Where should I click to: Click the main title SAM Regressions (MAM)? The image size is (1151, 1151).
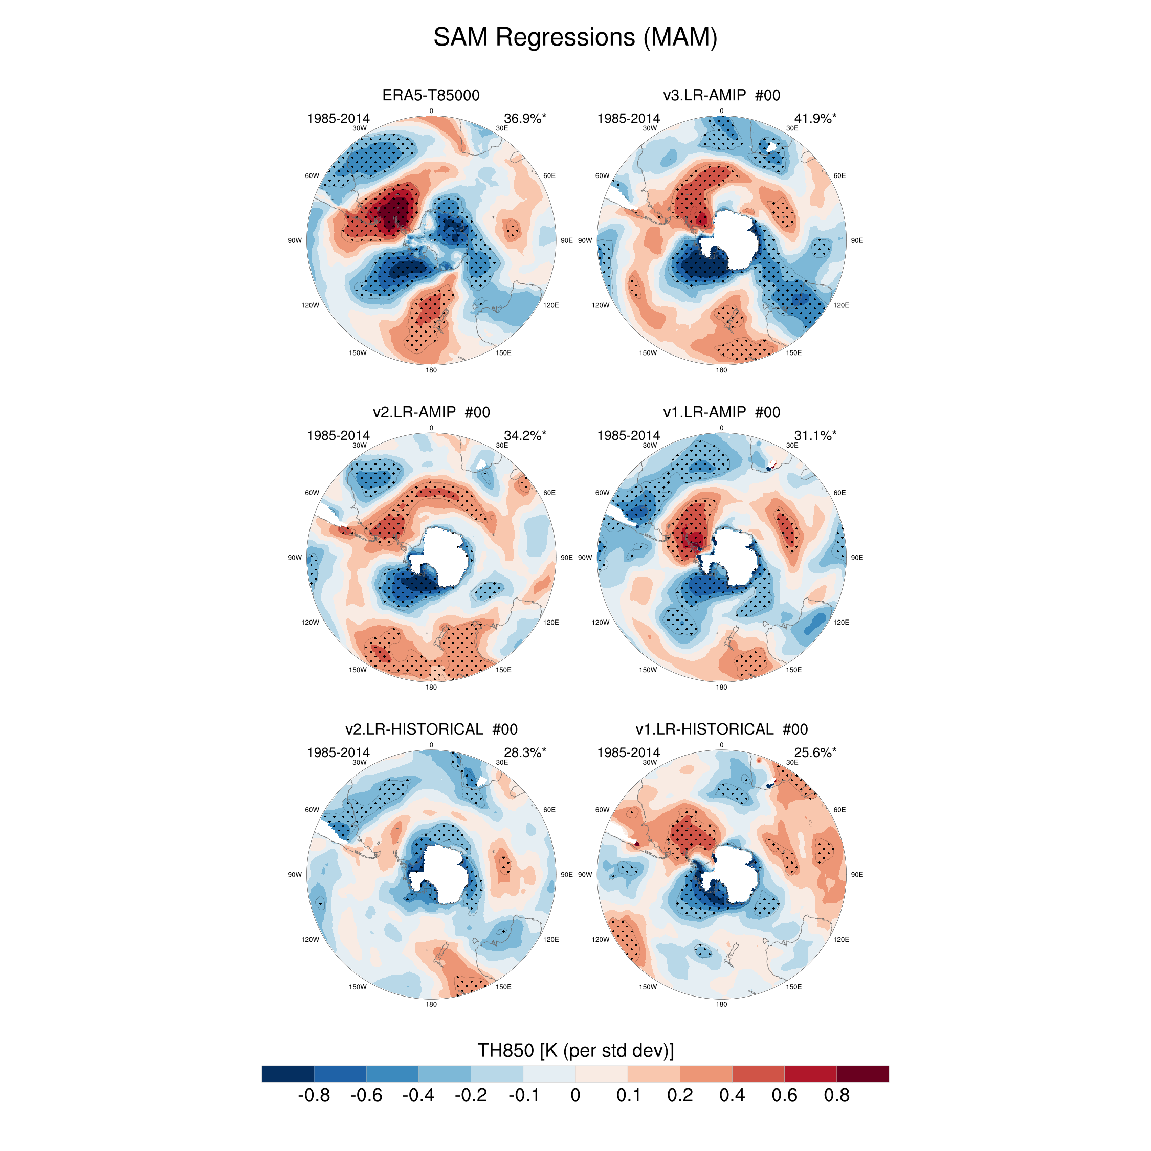[x=575, y=37]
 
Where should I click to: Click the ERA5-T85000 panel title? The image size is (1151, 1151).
[x=431, y=95]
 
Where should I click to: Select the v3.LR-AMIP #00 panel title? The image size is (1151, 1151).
[x=721, y=95]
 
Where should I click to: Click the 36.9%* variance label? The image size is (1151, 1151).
[x=524, y=119]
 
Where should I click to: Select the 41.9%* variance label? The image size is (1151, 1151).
[x=814, y=119]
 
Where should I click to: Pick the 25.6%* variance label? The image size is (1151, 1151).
[x=814, y=752]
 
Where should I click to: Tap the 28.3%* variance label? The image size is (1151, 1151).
[x=524, y=752]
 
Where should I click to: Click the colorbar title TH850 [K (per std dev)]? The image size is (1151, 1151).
[x=575, y=1050]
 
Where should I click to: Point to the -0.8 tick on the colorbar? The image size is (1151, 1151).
[x=314, y=1096]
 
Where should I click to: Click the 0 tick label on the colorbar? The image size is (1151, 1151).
[x=575, y=1096]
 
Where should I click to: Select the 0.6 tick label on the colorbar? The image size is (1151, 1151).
[x=784, y=1096]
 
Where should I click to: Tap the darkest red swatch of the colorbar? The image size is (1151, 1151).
[x=862, y=1074]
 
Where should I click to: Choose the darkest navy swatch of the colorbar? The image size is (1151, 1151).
[x=287, y=1074]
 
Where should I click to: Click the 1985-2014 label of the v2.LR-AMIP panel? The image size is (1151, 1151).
[x=338, y=435]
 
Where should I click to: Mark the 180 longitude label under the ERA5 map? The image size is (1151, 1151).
[x=431, y=370]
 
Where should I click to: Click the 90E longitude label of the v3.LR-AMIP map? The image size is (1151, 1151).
[x=857, y=240]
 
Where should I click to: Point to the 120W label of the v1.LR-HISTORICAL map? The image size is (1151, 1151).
[x=601, y=940]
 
